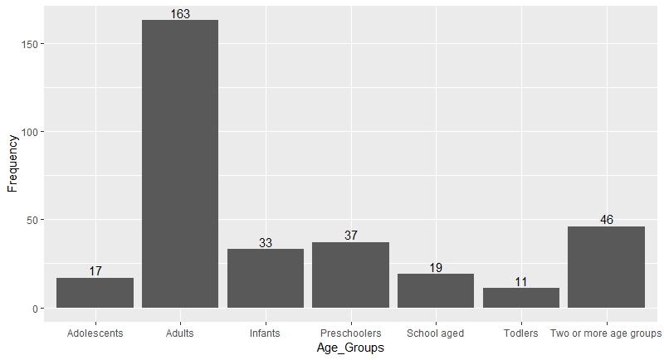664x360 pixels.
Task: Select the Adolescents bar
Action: pos(95,294)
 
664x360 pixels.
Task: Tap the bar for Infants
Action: pos(265,279)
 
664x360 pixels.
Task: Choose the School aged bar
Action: pos(435,291)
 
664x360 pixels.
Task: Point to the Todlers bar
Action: pos(520,299)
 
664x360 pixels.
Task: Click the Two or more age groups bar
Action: pos(606,267)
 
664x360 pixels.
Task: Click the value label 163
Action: pos(180,13)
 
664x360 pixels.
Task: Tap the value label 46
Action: pos(606,220)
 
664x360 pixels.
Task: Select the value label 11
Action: pos(520,282)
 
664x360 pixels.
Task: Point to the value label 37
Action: pos(350,236)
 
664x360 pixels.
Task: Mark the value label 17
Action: pos(95,271)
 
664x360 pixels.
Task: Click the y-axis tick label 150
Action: pos(29,43)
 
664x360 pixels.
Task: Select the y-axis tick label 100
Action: pos(29,132)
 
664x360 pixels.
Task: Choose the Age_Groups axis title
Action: pos(350,348)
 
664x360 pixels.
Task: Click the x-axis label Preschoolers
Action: pos(350,333)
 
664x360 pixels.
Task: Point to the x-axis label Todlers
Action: pos(520,333)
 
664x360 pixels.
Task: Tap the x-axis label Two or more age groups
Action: pos(606,333)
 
